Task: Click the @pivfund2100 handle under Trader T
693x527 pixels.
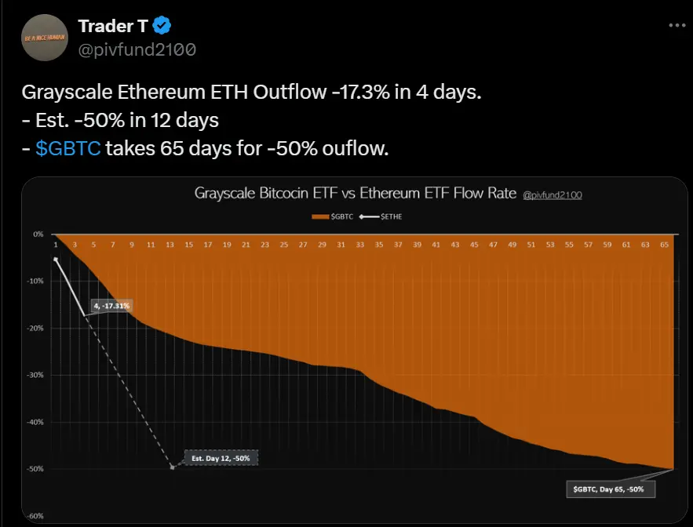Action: pyautogui.click(x=137, y=49)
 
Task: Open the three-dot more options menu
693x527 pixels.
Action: pyautogui.click(x=677, y=25)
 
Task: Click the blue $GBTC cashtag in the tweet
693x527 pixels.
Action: pyautogui.click(x=67, y=148)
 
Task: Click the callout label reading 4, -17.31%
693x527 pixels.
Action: pyautogui.click(x=111, y=305)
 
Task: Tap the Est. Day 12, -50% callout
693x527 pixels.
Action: pyautogui.click(x=221, y=458)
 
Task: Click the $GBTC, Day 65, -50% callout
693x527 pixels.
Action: pyautogui.click(x=609, y=489)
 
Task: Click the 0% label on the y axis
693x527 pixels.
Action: pyautogui.click(x=38, y=234)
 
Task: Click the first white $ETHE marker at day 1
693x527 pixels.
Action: pyautogui.click(x=56, y=258)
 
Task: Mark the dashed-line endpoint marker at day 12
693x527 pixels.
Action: pyautogui.click(x=172, y=467)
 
